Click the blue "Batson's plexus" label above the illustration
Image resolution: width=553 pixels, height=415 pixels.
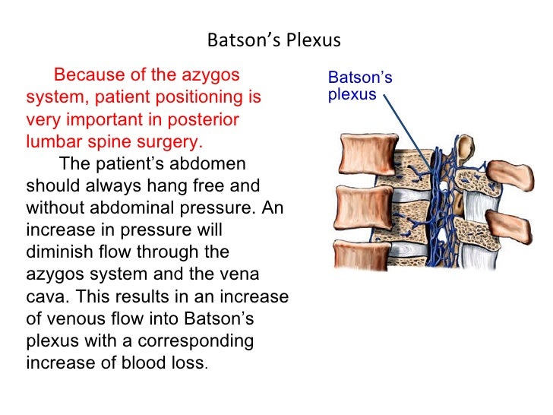point(359,86)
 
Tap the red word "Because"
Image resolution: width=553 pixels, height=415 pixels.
point(85,75)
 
